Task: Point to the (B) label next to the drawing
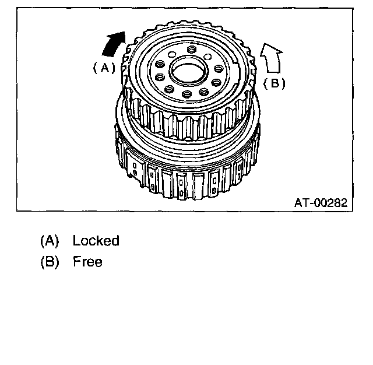pyautogui.click(x=275, y=83)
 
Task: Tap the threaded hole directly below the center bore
pyautogui.click(x=186, y=94)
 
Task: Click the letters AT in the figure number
pyautogui.click(x=301, y=203)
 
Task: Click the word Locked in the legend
pyautogui.click(x=96, y=241)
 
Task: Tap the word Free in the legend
pyautogui.click(x=87, y=262)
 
